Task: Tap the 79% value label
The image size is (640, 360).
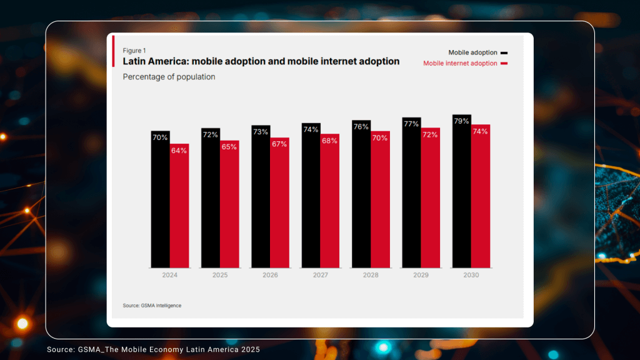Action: coord(461,121)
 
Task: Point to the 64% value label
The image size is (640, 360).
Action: coord(179,151)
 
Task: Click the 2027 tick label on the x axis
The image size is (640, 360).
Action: coord(320,275)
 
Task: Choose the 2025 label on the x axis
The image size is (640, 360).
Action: coord(220,275)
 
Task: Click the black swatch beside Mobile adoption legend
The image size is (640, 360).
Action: coord(504,53)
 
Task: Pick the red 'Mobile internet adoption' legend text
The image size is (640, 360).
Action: coord(460,63)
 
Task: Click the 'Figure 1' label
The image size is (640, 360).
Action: coord(134,50)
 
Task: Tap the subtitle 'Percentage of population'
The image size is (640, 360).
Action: coord(169,77)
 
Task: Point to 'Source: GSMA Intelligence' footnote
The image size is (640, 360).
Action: coord(152,306)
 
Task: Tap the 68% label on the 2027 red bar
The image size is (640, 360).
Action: coord(329,141)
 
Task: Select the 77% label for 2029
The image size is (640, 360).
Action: coord(411,124)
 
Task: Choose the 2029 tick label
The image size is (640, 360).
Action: coord(421,275)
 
